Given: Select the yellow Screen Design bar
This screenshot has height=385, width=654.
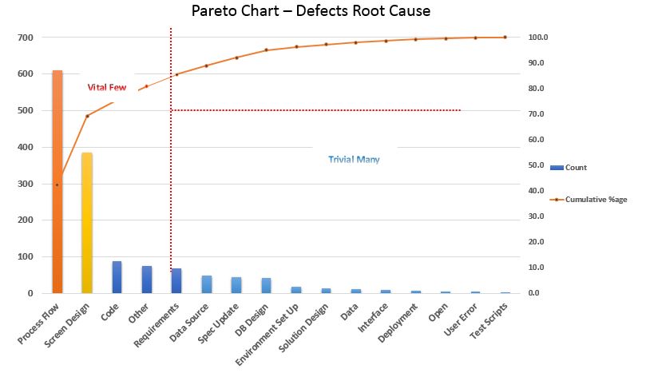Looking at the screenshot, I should point(87,223).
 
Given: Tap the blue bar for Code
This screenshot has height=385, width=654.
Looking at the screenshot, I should point(117,276).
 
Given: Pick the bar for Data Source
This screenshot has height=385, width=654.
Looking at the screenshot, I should point(206,284).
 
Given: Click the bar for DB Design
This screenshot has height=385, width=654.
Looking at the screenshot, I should point(266,285).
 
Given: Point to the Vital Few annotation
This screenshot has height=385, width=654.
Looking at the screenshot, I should point(107,87).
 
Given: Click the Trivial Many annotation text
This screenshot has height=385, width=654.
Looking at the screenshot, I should point(354,160).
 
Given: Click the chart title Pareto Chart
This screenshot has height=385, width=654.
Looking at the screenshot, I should point(311,12).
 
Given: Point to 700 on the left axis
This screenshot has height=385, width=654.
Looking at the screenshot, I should point(26,38).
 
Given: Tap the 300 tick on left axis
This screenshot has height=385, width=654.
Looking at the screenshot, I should point(26,184).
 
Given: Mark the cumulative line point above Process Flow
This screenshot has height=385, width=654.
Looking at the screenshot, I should point(57,185).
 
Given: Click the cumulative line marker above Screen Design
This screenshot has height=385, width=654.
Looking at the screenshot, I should point(87,116).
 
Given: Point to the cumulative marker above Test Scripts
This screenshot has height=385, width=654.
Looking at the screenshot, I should point(505,38).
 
